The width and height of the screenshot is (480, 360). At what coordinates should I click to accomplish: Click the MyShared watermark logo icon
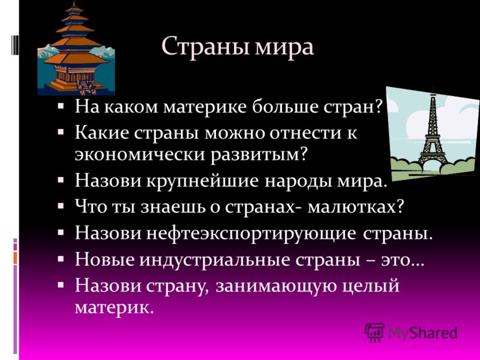tap(374, 332)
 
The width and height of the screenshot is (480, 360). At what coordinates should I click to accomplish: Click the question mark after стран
tap(379, 107)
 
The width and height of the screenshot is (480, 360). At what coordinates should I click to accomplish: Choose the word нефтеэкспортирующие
tap(251, 234)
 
